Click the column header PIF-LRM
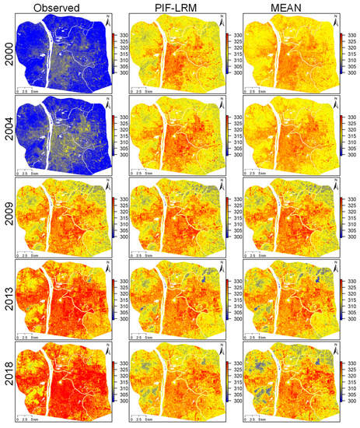[177, 9]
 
